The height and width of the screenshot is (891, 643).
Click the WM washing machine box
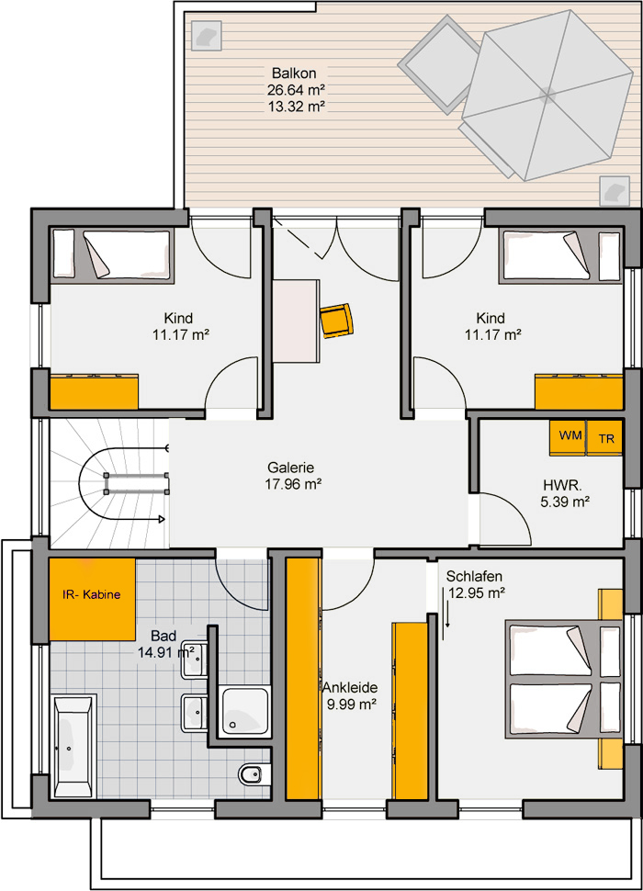point(567,437)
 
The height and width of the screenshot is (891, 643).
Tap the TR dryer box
point(604,437)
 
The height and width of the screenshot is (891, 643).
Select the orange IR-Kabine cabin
point(92,599)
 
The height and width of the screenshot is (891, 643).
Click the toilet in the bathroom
point(251,773)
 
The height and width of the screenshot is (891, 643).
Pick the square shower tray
point(245,710)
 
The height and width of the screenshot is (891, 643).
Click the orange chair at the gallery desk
point(336,321)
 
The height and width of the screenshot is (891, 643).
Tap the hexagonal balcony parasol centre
point(547,95)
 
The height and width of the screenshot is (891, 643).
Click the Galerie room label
point(291,468)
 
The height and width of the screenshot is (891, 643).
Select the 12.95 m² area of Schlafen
point(477,592)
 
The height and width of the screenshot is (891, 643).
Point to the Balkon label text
point(294,73)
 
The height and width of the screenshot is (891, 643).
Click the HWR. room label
point(562,485)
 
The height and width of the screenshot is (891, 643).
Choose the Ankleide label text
point(351,688)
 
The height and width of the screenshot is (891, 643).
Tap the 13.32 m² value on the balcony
point(296,106)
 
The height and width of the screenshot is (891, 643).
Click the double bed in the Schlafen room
point(564,680)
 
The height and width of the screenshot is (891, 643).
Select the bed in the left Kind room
point(112,254)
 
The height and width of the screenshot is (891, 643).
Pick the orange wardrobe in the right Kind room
point(579,391)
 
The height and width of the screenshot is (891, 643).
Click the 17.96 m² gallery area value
point(293,484)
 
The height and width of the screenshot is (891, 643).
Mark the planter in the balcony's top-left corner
point(206,35)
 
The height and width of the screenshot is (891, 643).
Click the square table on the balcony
point(438,62)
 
